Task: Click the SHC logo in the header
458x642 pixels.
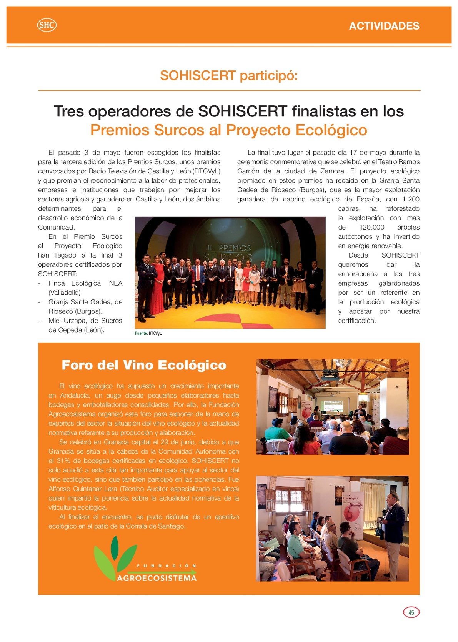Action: [x=47, y=25]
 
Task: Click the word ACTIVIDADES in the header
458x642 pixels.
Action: [x=384, y=26]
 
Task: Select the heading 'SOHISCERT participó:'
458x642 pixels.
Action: [x=229, y=75]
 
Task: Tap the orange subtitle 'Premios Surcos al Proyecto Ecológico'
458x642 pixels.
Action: [x=229, y=130]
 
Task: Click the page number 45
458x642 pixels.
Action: [x=411, y=612]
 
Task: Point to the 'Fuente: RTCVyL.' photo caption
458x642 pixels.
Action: [x=148, y=333]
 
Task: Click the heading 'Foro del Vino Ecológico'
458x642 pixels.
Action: [x=144, y=365]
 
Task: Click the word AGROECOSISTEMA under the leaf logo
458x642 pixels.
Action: [x=157, y=578]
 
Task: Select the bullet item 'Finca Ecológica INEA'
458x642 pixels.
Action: [x=85, y=283]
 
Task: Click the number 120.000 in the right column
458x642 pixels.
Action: [x=371, y=227]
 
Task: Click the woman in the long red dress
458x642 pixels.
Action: [x=157, y=286]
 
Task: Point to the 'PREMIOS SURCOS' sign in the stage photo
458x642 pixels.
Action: [x=229, y=252]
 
